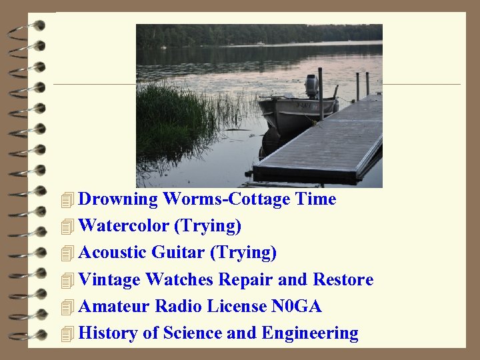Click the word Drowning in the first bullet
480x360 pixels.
click(118, 199)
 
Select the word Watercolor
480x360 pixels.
click(123, 226)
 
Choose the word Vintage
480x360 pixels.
click(109, 279)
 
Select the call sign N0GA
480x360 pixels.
click(297, 306)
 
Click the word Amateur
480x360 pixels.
click(114, 306)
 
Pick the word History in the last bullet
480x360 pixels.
click(108, 333)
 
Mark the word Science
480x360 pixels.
click(193, 333)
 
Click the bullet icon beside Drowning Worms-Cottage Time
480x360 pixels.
click(65, 200)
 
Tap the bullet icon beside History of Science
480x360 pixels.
click(65, 334)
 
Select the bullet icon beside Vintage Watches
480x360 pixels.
click(65, 281)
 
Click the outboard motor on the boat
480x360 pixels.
click(311, 86)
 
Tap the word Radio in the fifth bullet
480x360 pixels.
click(178, 306)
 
